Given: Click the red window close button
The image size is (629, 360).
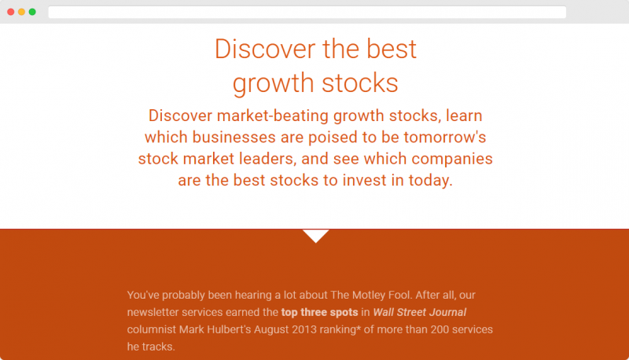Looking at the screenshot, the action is (x=11, y=12).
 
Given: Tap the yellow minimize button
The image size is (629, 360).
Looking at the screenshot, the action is (x=22, y=12).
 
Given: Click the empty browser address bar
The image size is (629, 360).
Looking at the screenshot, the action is (x=307, y=12).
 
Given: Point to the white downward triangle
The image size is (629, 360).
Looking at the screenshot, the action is (x=316, y=236).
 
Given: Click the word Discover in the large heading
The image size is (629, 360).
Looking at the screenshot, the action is (x=265, y=50).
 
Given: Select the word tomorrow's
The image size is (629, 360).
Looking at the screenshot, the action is (x=445, y=138).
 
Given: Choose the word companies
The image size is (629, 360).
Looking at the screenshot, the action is (x=452, y=159).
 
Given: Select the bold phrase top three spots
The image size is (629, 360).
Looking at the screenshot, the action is (x=320, y=312).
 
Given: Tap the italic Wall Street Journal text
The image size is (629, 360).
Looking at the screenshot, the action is (x=420, y=312).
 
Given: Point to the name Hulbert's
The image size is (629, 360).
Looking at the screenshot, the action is (x=229, y=329).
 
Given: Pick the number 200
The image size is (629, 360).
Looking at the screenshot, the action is (x=440, y=329).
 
